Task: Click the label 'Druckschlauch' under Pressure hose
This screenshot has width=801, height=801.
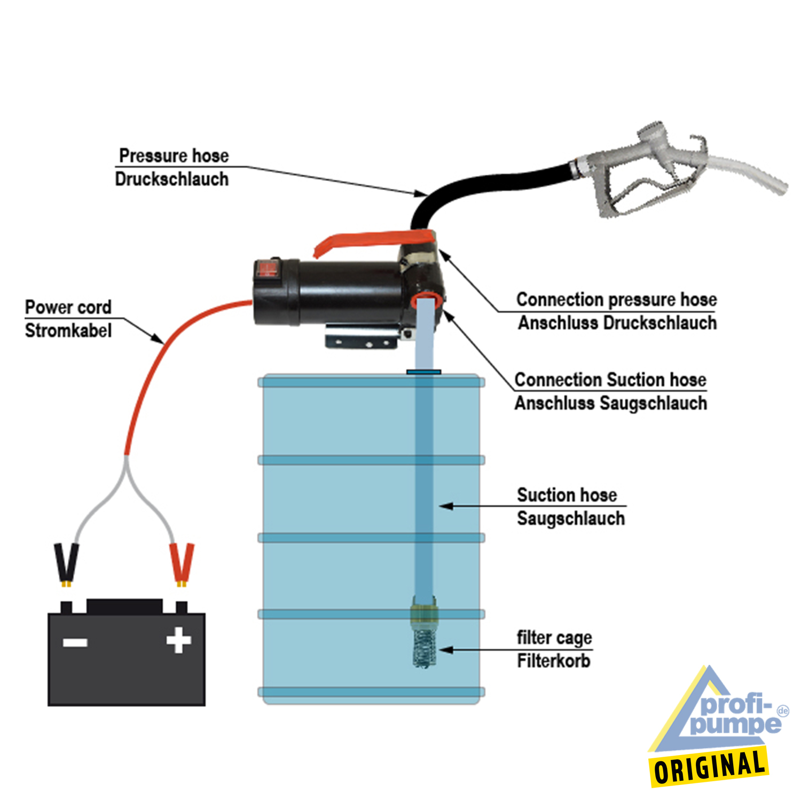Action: (171, 179)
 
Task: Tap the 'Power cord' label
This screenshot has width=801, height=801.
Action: (68, 308)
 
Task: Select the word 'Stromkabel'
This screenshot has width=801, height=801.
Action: (68, 331)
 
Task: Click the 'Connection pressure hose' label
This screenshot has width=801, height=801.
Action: (616, 300)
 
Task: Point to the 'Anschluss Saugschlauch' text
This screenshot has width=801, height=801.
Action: (610, 403)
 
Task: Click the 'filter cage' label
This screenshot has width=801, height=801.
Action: (554, 638)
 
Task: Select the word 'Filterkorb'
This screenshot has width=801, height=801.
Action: (554, 661)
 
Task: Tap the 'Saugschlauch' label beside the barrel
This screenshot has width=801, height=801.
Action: (571, 519)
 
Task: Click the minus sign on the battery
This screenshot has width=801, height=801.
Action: (75, 641)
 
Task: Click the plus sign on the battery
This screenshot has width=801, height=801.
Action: (178, 640)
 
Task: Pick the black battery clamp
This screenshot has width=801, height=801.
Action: (67, 563)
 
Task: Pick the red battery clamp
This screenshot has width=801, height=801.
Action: (182, 563)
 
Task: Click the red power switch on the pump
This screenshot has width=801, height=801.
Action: (268, 269)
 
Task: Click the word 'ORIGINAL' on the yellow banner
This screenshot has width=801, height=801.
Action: (710, 767)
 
